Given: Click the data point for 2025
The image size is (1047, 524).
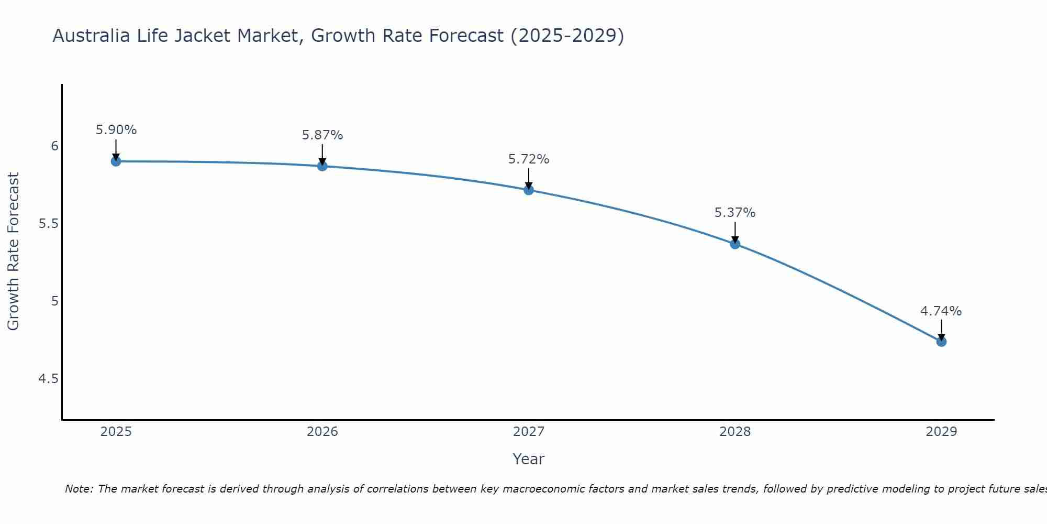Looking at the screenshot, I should coord(116,161).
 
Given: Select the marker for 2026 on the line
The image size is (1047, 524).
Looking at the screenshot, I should coord(322,166).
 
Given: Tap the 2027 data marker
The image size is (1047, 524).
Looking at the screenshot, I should coord(529,190).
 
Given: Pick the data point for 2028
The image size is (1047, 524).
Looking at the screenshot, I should coord(735,244).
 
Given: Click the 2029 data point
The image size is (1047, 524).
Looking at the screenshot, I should coord(941,342).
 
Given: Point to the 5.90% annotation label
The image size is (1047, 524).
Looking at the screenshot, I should coord(116,130).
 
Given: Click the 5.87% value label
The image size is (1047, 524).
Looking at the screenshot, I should coord(322,135).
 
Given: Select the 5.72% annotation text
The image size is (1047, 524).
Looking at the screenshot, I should coord(529,159).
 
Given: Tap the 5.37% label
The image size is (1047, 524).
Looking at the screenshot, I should coord(735,213).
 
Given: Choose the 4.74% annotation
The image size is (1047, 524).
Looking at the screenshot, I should coord(941,311).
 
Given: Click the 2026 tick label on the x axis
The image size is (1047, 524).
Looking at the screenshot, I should coord(322,432).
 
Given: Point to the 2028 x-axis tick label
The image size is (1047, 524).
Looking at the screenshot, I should coord(735,432).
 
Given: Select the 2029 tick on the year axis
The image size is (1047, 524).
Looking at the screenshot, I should coord(941,432).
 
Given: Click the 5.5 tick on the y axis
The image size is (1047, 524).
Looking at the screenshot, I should coord(48,224).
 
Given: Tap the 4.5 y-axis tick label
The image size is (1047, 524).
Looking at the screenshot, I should coord(48,379).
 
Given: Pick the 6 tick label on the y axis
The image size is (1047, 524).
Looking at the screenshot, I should coord(54,146).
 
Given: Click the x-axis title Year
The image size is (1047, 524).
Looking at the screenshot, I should coord(529,459).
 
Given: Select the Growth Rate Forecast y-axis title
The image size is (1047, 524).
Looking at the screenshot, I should coord(14,252).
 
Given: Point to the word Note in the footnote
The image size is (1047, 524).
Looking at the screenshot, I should coord(79,489).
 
